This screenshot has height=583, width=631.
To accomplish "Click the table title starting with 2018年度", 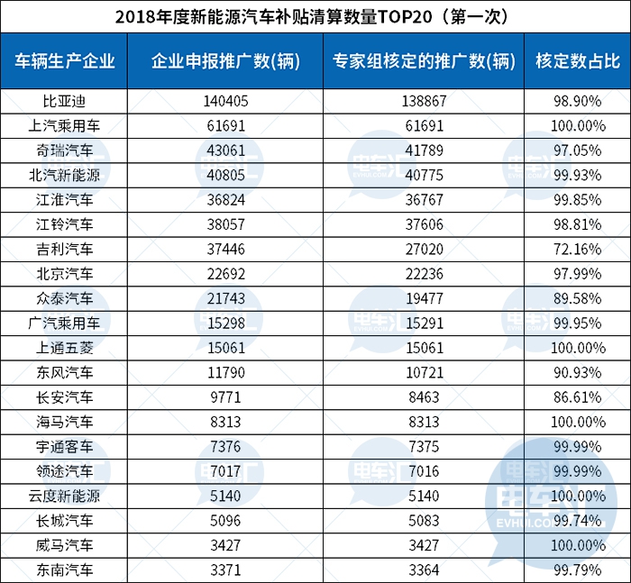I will click(315, 16).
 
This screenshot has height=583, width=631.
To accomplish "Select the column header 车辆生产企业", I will click(66, 61).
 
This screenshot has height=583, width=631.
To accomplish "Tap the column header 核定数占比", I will click(577, 61).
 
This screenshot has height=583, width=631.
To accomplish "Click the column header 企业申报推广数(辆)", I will click(226, 61).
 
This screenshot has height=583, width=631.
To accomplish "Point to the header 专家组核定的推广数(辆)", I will click(424, 61).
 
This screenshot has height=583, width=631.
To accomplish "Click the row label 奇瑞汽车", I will click(66, 148).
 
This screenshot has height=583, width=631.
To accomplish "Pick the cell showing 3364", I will click(424, 569).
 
